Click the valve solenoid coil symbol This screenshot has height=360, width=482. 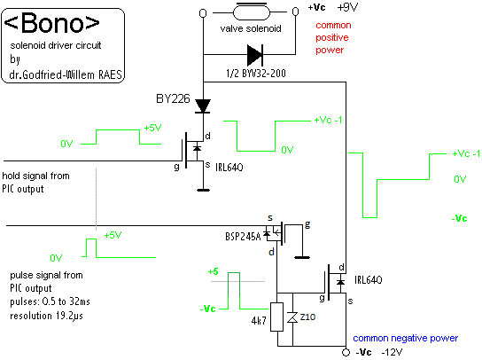click(252, 12)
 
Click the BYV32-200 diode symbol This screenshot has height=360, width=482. click(255, 55)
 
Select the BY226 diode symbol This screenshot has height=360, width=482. click(203, 106)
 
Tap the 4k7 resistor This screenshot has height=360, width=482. click(276, 317)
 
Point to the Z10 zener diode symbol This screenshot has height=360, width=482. click(292, 317)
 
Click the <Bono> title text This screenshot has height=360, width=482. click(52, 23)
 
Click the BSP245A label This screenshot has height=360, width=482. click(243, 237)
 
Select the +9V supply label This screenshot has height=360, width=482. click(347, 7)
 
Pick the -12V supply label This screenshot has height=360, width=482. click(392, 352)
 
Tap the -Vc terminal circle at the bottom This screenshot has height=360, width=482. click(346, 352)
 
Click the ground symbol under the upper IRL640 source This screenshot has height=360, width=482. click(203, 190)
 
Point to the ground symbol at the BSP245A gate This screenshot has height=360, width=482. click(302, 257)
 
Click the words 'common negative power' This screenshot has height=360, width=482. click(405, 338)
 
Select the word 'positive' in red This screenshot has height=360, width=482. click(332, 37)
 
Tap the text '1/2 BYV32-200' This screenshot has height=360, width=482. click(256, 74)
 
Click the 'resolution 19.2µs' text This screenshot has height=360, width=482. click(46, 316)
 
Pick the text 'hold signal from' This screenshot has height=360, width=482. click(36, 176)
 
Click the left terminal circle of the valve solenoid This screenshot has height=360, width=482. click(203, 13)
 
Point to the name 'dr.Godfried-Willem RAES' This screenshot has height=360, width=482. click(66, 74)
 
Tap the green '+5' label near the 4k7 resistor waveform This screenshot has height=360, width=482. click(213, 271)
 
